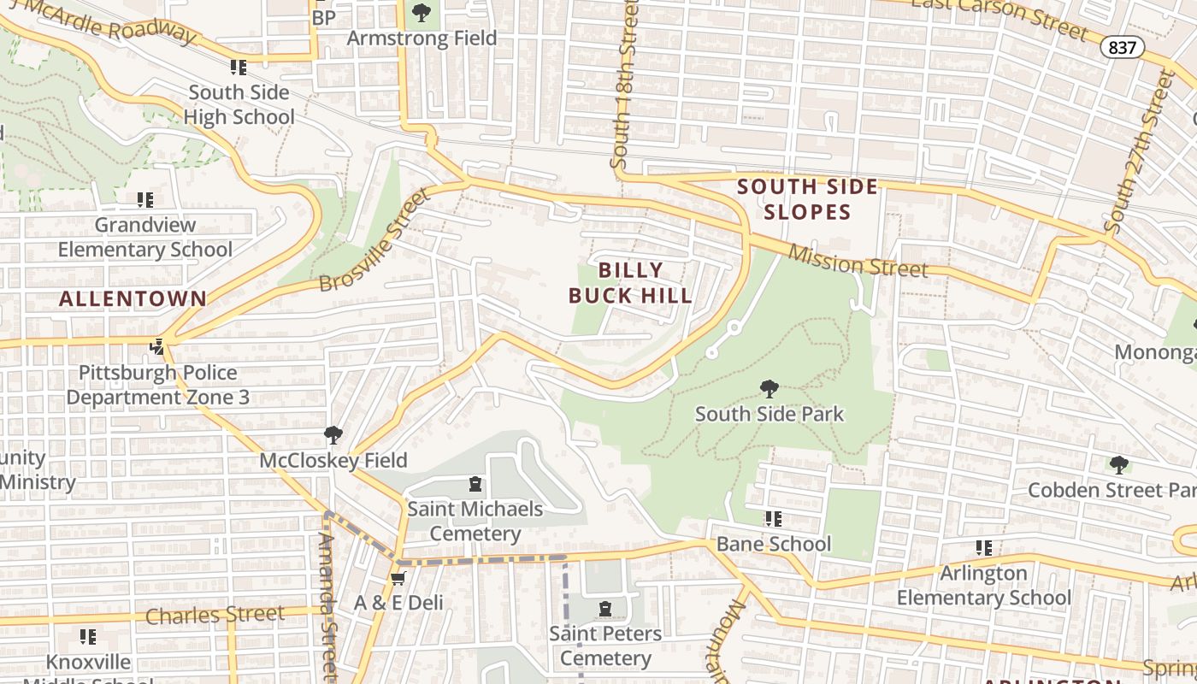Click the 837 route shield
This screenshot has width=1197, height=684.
[1121, 48]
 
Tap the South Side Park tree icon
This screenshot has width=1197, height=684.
[769, 389]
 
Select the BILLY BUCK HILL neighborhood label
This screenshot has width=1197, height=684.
[630, 283]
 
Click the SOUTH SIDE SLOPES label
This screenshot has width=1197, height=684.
[807, 199]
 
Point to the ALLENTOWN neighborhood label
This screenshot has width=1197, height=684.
[133, 298]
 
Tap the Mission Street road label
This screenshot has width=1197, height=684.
[857, 261]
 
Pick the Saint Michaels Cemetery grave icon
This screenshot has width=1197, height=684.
[475, 485]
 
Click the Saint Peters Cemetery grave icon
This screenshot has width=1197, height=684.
[605, 609]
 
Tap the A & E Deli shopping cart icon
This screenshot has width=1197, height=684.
[398, 579]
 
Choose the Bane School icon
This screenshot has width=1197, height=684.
[773, 519]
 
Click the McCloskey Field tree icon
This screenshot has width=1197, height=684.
[333, 436]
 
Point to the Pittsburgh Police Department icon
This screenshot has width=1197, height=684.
[157, 347]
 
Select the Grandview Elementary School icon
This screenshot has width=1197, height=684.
[145, 200]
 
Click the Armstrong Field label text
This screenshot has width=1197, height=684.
[422, 38]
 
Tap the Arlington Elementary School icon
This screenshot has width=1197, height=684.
[983, 548]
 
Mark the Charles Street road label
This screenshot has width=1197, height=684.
[215, 615]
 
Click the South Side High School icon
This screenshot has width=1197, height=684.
[239, 67]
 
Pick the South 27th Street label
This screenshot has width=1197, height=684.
[1138, 154]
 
